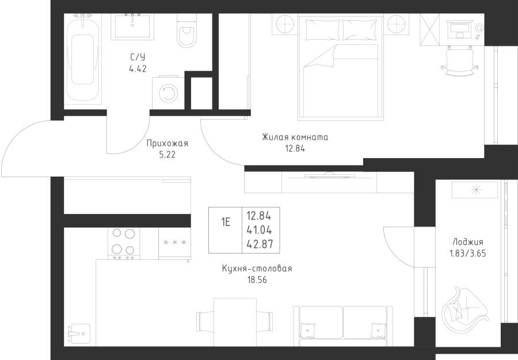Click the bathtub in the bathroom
(82, 59)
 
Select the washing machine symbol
(168, 93)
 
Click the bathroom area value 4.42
(138, 69)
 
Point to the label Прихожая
(167, 144)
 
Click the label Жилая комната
(295, 137)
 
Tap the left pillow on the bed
(323, 29)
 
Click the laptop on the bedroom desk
(459, 28)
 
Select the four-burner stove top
(124, 243)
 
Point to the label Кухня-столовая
(257, 268)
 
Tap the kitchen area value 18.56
(257, 280)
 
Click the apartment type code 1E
(226, 223)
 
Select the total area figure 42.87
(260, 244)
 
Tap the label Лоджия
(467, 242)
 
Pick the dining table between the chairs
(235, 322)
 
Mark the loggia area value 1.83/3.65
(467, 254)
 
